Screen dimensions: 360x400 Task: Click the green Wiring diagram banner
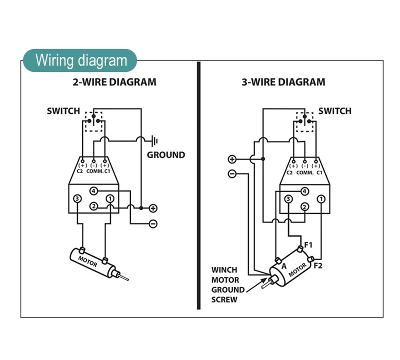click(80, 60)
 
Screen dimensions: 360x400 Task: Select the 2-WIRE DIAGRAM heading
click(114, 82)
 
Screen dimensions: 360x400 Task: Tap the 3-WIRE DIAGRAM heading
click(283, 82)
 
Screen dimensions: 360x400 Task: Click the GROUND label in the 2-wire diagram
click(165, 155)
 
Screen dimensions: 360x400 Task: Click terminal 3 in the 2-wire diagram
click(77, 199)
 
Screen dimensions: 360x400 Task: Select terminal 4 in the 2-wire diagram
click(93, 191)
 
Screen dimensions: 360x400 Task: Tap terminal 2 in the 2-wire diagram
click(93, 206)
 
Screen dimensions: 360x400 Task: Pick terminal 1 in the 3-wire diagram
click(321, 199)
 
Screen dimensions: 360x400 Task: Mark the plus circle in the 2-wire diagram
click(153, 208)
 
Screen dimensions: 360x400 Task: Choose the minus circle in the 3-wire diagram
click(232, 174)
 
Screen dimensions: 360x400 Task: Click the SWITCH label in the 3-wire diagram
click(334, 111)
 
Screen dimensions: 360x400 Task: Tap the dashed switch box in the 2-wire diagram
click(94, 121)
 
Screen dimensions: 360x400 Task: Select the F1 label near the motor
click(308, 245)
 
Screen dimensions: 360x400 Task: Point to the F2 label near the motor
click(318, 265)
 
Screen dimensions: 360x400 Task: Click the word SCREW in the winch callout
click(224, 299)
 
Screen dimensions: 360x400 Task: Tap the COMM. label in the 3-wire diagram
click(304, 172)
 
